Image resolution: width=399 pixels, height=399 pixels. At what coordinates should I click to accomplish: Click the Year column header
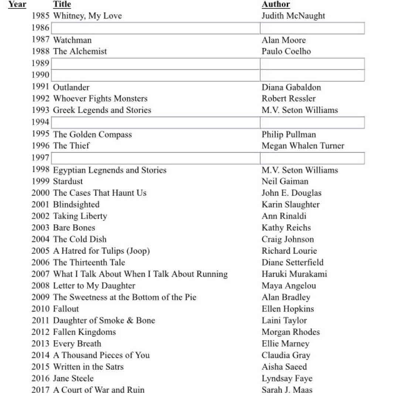tap(17, 4)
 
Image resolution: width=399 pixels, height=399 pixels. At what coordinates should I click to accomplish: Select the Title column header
tap(62, 4)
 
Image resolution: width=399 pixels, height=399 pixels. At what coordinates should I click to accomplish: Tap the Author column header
tap(276, 4)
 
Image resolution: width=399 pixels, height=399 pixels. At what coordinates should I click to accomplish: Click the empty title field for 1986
tap(156, 28)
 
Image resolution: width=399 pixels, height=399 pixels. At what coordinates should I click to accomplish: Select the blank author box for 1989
tap(312, 64)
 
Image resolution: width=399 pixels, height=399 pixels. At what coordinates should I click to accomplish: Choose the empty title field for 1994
tap(156, 122)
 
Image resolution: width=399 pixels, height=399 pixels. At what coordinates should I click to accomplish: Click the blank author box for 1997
tap(312, 158)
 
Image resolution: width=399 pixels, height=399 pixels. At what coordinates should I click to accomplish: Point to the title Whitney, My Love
tap(87, 16)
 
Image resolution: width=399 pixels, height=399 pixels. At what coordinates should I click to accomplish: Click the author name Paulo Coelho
tap(286, 51)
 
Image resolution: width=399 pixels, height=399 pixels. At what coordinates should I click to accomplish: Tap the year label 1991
tap(40, 87)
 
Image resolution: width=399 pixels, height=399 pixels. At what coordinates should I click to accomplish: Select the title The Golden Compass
tap(92, 134)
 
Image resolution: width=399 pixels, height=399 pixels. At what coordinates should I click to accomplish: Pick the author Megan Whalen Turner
tap(303, 146)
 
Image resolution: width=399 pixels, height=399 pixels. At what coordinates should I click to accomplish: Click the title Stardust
tap(68, 181)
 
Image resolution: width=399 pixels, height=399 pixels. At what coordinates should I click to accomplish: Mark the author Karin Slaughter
tap(290, 204)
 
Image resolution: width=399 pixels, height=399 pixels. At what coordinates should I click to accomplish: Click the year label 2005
tap(40, 251)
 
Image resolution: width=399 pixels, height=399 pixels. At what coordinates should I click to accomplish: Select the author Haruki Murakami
tap(294, 274)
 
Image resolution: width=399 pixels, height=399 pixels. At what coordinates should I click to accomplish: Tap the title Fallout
tap(66, 309)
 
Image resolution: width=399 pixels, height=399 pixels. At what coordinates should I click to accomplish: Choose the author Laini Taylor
tap(284, 320)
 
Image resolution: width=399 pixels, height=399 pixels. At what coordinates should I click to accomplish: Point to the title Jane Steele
tap(73, 378)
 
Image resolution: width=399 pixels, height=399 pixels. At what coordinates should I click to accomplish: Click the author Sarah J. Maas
tap(287, 390)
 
